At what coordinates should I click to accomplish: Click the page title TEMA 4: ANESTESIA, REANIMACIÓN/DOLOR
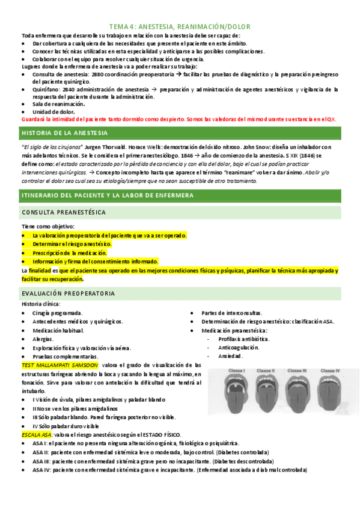180,26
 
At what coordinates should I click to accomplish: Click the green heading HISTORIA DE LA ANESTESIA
64,132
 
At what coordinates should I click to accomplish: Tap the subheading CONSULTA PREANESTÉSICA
64,212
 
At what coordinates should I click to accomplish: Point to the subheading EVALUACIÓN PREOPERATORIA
67,293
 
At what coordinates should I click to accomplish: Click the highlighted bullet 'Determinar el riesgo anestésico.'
72,244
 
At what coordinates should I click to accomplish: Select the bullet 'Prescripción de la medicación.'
70,253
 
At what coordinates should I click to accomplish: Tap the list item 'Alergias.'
43,339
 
